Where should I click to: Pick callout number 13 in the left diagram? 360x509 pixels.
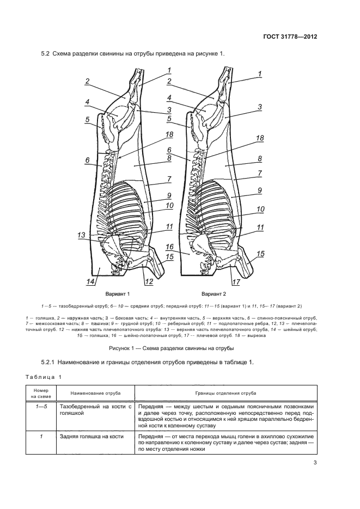[82, 235]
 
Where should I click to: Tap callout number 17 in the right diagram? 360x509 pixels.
[236, 281]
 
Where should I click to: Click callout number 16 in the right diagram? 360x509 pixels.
[169, 247]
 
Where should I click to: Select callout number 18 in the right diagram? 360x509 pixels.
[260, 138]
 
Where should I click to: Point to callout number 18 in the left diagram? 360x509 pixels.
[169, 135]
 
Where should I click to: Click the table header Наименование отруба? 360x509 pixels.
[95, 393]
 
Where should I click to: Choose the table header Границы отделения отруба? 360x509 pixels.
[226, 393]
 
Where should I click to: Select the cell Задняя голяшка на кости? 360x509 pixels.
[88, 437]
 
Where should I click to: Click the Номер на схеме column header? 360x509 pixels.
[40, 393]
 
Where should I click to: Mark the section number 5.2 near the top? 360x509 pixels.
[46, 54]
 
